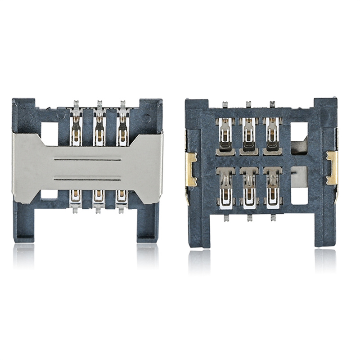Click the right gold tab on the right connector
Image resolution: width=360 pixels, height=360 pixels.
point(332,167)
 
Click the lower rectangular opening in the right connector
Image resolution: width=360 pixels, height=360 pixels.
point(299,189)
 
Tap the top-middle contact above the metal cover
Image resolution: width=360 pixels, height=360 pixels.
point(99,126)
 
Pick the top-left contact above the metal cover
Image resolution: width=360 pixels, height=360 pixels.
point(76,126)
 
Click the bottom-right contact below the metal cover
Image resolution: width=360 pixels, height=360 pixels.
point(121,198)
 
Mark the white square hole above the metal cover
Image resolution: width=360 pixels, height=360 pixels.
point(51,130)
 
